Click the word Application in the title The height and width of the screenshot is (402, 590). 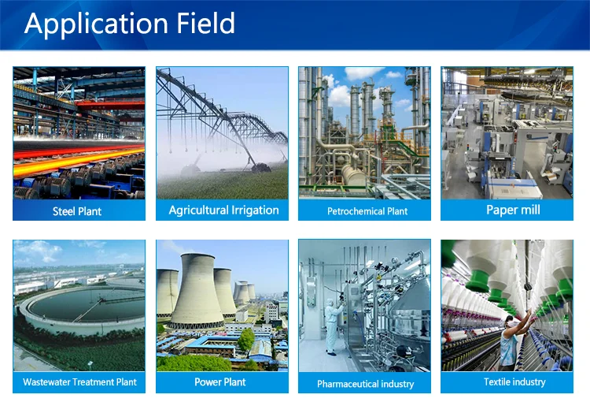[x=96, y=24]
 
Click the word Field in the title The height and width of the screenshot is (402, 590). [x=206, y=23]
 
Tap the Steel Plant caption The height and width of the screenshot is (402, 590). [x=77, y=211]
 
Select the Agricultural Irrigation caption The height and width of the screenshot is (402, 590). [x=224, y=210]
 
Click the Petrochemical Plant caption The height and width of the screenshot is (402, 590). [x=367, y=211]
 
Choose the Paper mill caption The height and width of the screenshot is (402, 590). [x=513, y=210]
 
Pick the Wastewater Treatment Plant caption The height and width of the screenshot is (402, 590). [x=79, y=382]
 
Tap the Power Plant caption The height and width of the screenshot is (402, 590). [x=220, y=382]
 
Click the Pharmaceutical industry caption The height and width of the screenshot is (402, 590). [x=365, y=384]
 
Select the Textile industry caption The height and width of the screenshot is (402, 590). [x=514, y=382]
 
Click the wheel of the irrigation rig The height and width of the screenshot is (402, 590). [x=260, y=167]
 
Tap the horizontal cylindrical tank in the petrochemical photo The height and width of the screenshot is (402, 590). [x=353, y=175]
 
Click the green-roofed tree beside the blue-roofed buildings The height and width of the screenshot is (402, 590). [x=246, y=339]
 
